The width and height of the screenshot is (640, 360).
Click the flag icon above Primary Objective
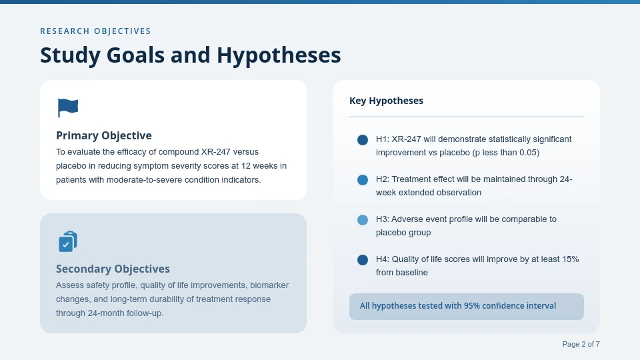(67, 107)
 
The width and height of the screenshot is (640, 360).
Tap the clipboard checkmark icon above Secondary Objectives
(67, 241)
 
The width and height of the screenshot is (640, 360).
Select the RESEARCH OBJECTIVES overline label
(95, 31)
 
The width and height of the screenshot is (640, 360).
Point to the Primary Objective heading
(104, 135)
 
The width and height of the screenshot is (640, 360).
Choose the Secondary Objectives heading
(113, 269)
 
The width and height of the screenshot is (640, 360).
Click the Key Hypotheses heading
(386, 101)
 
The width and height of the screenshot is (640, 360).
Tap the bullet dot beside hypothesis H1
(363, 140)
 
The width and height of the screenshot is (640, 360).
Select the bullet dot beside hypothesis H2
(363, 180)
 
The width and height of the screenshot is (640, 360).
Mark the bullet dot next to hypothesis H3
(363, 220)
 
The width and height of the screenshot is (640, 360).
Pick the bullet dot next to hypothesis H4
(363, 260)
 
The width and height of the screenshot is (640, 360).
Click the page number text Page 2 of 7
(581, 344)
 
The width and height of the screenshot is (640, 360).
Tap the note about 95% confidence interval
(457, 306)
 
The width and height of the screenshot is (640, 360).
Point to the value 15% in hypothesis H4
(569, 259)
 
